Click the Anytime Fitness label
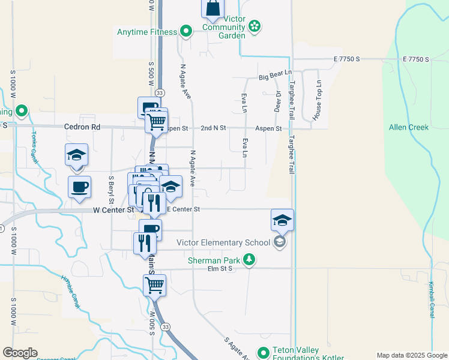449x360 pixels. pos(147,32)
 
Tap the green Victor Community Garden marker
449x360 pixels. pos(255,26)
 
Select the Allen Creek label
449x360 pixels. pos(408,127)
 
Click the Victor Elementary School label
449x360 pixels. pos(223,243)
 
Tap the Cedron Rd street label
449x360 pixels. pos(83,127)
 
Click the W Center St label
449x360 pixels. pos(113,210)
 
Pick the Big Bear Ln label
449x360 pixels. pos(275,77)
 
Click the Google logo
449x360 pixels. pos(20,353)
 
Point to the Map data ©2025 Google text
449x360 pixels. pos(412,355)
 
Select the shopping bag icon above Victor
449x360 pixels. pos(213,8)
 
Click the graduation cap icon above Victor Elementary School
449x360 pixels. pos(282,220)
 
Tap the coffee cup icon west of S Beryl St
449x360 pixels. pos(79,187)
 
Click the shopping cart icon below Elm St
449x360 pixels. pos(154,286)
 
